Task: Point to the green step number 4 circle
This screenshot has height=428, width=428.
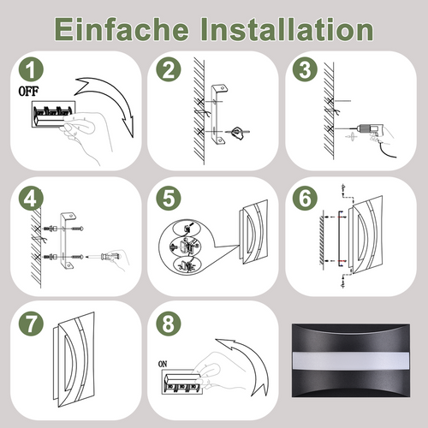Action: [x=32, y=199]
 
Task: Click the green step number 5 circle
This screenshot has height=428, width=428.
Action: [x=168, y=199]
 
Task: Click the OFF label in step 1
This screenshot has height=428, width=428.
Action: [x=28, y=90]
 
